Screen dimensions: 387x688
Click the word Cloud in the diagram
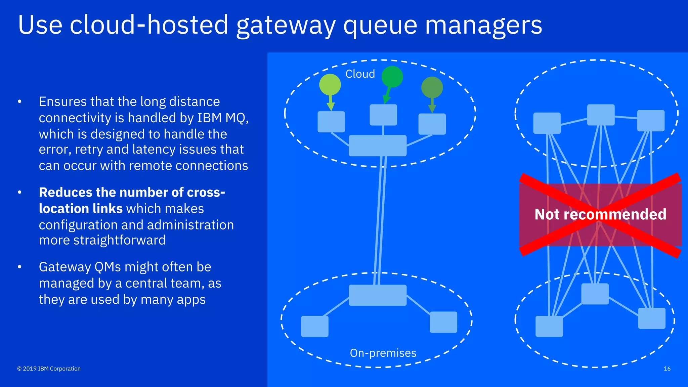360,74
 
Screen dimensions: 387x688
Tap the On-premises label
383,353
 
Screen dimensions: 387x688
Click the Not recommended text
600,214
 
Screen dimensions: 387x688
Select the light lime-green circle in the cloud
330,85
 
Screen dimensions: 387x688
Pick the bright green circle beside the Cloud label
392,77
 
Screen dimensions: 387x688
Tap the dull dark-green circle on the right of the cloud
432,87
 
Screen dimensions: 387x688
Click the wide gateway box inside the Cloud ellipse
378,145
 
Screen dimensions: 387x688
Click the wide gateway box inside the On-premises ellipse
378,295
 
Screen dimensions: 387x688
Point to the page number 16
667,369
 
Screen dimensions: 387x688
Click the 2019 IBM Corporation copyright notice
49,369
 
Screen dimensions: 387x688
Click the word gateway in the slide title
286,26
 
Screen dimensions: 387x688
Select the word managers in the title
483,26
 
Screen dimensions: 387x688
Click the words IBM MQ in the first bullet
222,118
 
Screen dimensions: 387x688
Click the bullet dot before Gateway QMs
20,267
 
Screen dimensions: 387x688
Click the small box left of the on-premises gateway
315,326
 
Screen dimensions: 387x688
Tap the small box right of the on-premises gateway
443,322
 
